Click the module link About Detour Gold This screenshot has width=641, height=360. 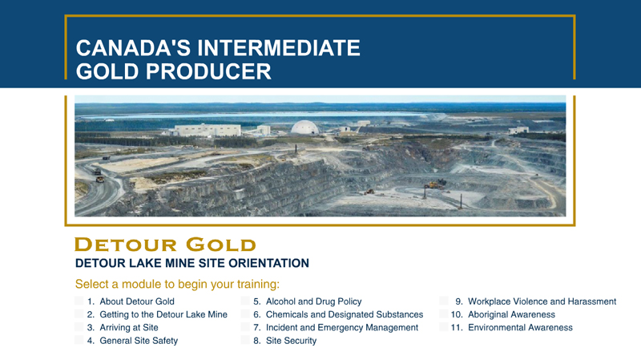coord(137,301)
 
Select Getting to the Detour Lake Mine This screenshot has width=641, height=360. coord(163,314)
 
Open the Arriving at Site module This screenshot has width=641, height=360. coord(129,328)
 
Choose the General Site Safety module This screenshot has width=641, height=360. coord(139,341)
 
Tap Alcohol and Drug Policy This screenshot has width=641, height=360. coord(313,301)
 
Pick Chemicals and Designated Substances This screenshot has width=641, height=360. coord(345,314)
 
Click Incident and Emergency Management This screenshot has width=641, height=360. coord(342,328)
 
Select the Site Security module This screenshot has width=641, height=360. coord(291,341)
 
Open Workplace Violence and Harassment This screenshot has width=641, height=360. coord(542,301)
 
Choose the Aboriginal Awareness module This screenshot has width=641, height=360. coord(511,314)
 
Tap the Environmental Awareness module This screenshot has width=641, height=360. coord(520,328)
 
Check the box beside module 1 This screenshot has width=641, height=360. coord(79,301)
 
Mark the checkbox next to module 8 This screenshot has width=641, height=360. coord(245,340)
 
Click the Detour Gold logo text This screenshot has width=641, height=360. coord(165,245)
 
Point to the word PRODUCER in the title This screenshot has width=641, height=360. coord(208,71)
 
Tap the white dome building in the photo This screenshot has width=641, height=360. coord(304,127)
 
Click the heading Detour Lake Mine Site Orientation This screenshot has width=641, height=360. coord(192,263)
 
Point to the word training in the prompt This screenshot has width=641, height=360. coord(258,285)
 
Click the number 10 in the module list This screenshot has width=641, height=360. coord(457,314)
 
